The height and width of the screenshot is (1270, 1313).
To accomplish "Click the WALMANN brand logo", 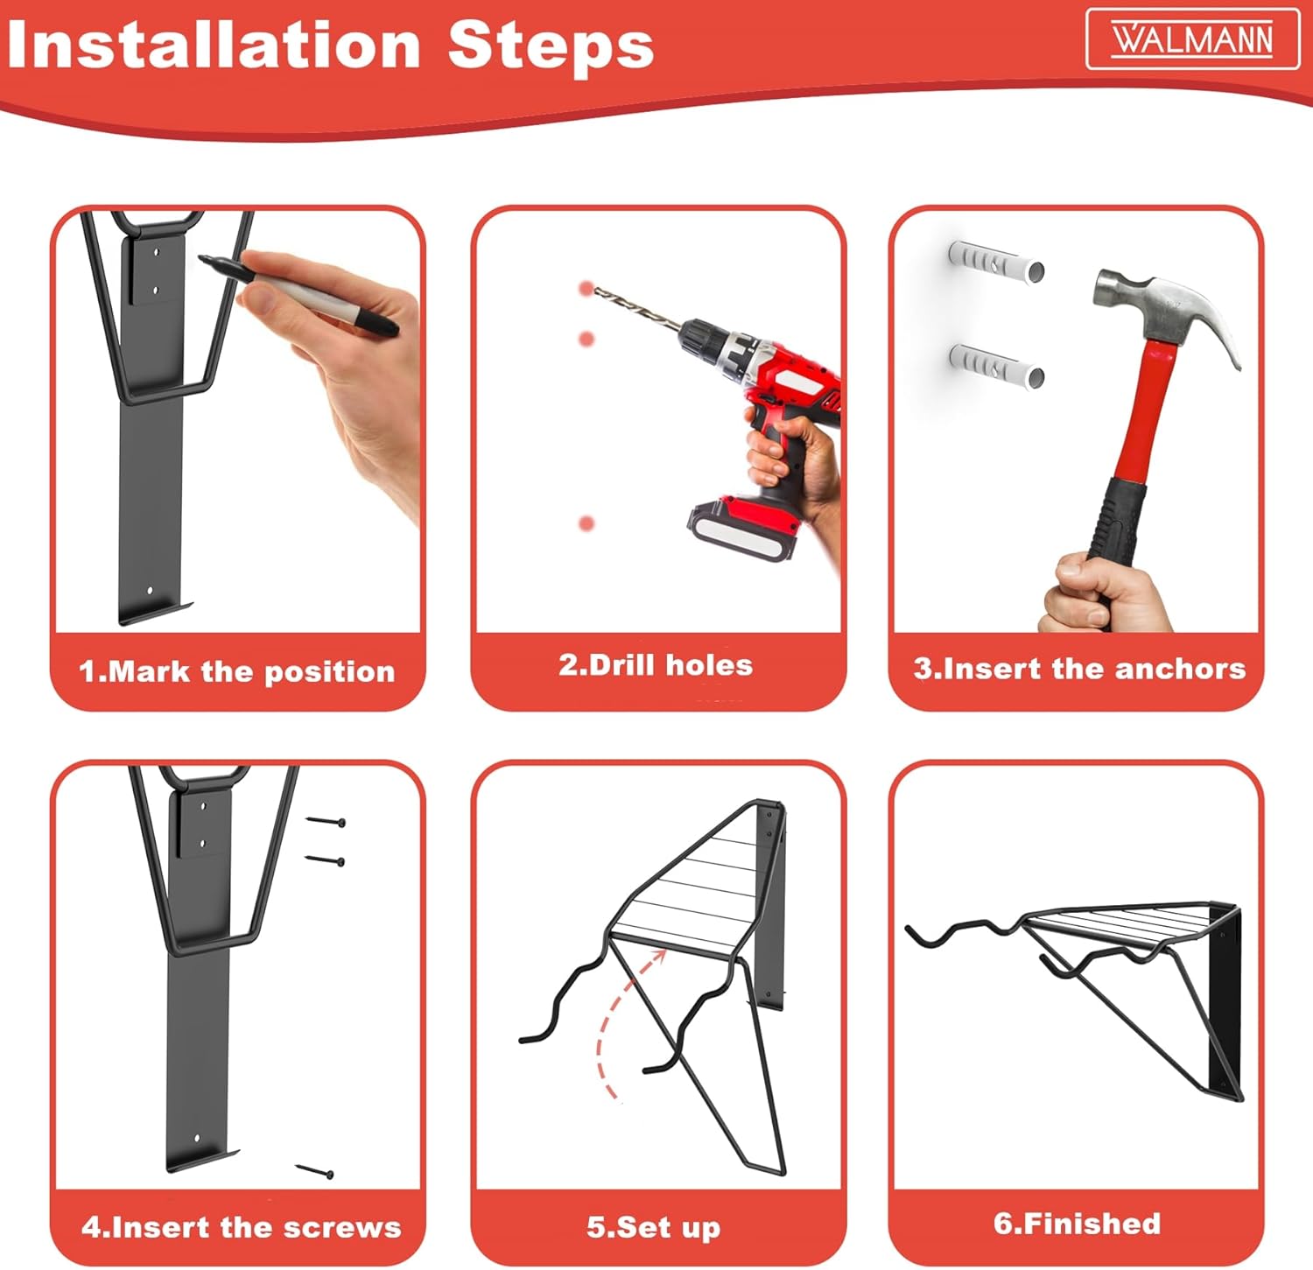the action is coord(1192,39).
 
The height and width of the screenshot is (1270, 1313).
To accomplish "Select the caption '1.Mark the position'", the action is coord(237,671).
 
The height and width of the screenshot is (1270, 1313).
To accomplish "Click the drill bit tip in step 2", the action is coord(596,291).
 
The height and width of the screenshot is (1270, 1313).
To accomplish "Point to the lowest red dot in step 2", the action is coord(586,523).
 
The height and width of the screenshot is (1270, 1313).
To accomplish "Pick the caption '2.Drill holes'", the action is coord(656,665).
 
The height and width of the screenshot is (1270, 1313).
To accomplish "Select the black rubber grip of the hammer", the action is coord(1116,525).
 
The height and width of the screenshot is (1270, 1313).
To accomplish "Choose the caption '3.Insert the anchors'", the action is coord(1079,669).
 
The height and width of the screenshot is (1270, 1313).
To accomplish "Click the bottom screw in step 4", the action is coord(314,1171).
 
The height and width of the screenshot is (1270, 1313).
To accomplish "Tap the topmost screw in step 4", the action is coord(326,822).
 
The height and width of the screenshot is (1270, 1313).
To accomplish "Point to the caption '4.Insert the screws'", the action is coord(241,1227).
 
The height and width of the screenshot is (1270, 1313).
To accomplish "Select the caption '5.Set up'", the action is coord(654,1227).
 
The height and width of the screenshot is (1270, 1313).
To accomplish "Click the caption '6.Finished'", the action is coord(1077,1224).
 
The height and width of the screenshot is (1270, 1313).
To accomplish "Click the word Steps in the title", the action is coord(551,46).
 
